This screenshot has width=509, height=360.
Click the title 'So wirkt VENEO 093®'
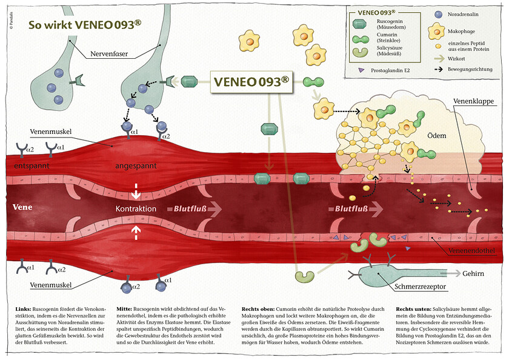[x=85, y=25]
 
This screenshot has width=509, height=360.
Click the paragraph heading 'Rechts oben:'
[x=258, y=308]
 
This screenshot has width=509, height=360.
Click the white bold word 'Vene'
[x=23, y=207]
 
